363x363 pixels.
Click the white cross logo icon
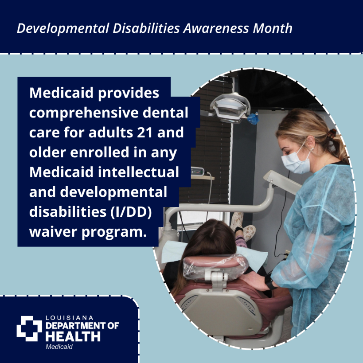click(29, 328)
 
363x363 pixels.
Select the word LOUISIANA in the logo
click(70, 318)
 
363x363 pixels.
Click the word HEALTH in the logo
click(73, 337)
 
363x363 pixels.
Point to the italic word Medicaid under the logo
click(59, 347)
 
